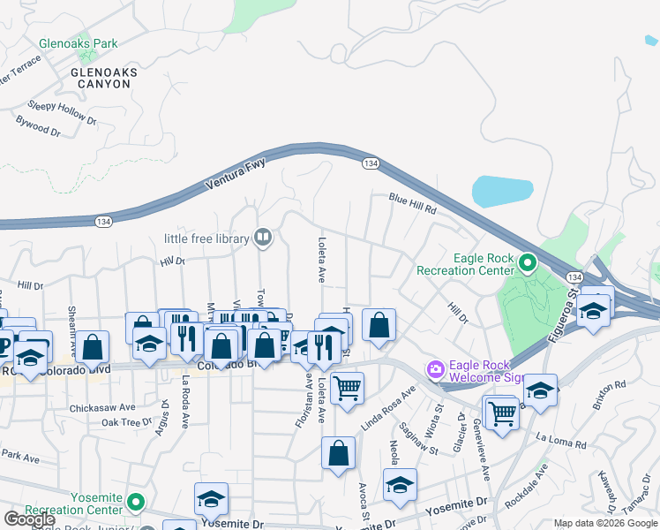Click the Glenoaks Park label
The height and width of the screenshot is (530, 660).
click(x=78, y=42)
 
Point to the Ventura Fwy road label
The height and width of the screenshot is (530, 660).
click(x=235, y=175)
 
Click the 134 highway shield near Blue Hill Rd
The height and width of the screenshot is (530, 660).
click(x=371, y=163)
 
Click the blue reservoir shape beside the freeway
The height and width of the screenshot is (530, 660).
click(x=503, y=190)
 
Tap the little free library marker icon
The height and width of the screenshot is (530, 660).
click(x=262, y=237)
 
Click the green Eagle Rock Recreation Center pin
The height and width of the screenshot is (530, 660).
click(x=528, y=262)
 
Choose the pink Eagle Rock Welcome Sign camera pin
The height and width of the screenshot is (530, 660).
click(x=434, y=369)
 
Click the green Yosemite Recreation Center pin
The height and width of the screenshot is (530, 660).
click(x=135, y=503)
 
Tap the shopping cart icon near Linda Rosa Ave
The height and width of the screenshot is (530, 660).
click(x=348, y=387)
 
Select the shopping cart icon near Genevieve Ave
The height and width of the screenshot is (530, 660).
click(x=501, y=411)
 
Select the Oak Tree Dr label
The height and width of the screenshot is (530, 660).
click(x=127, y=422)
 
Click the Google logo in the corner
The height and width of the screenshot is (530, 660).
click(x=29, y=519)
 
